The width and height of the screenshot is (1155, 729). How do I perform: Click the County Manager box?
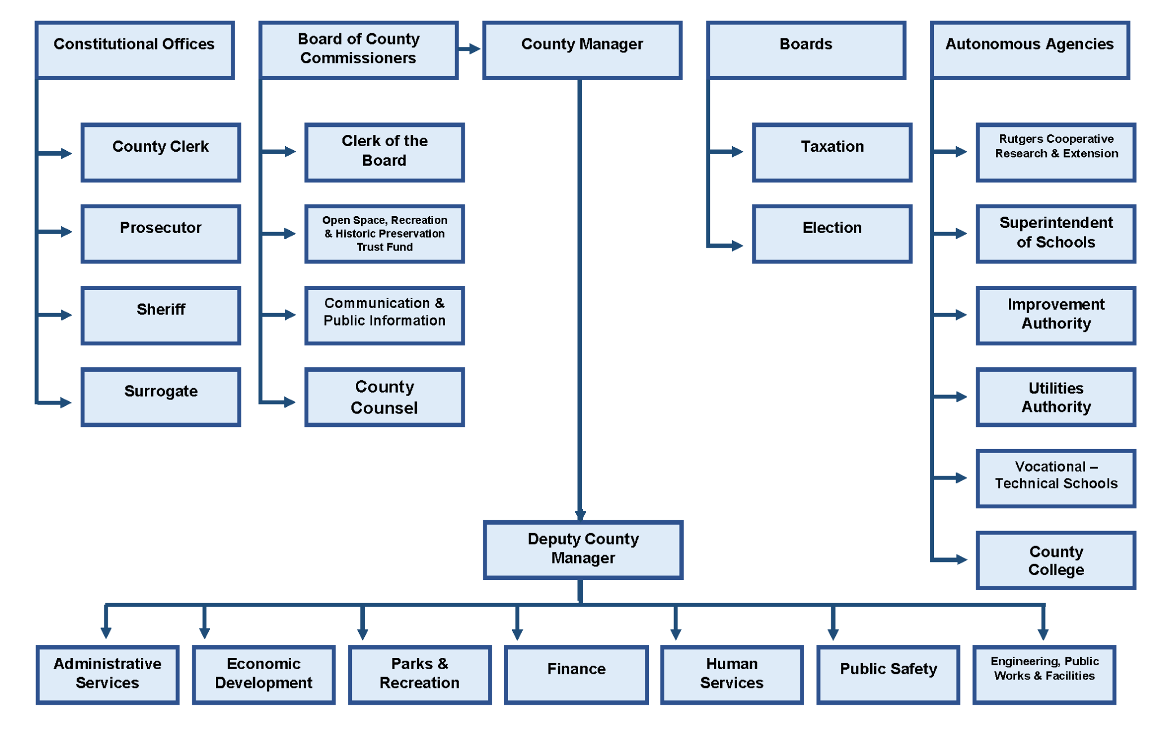[582, 50]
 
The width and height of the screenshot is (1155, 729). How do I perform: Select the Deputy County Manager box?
[583, 550]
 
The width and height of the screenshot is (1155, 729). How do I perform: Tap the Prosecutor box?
[161, 234]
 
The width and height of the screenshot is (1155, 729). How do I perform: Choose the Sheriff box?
[161, 315]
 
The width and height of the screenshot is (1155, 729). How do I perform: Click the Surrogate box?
[161, 397]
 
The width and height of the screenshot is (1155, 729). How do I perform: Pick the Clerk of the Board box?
[384, 152]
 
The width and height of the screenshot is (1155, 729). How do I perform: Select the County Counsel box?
[384, 397]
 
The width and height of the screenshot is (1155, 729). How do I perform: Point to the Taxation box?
[832, 152]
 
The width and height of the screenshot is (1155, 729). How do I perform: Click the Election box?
[832, 234]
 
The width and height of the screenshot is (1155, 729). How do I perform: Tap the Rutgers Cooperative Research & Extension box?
[1056, 152]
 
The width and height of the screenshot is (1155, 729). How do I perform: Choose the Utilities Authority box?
[1056, 397]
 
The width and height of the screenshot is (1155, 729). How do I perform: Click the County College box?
[1056, 560]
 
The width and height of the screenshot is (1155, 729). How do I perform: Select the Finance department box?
[576, 674]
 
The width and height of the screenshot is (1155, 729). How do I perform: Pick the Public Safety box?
[888, 674]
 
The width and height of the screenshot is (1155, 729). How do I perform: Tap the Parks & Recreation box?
[420, 674]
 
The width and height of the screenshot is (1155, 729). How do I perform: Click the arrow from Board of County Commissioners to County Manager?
[470, 49]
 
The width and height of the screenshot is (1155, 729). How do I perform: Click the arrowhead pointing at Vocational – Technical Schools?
[962, 478]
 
